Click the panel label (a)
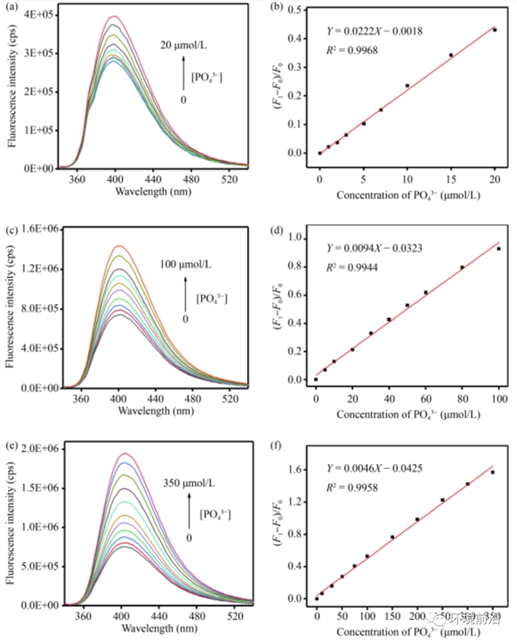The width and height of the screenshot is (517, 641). click(15, 7)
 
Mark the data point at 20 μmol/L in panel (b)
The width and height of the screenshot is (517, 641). click(494, 30)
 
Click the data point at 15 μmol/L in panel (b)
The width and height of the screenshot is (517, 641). click(451, 55)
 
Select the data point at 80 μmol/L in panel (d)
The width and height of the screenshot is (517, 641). click(462, 267)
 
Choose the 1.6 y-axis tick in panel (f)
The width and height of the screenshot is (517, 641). click(301, 468)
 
